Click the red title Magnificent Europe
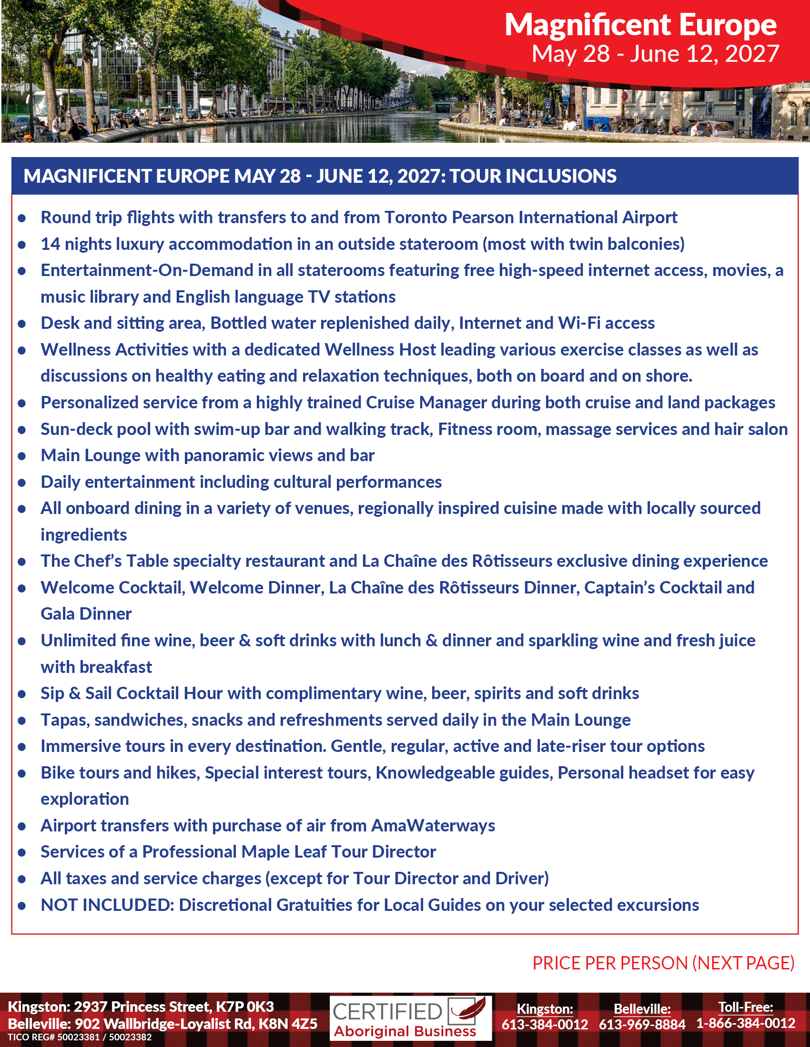[x=640, y=25]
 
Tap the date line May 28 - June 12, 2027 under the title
[x=655, y=54]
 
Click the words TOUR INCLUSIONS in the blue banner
[x=533, y=177]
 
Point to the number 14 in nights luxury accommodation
[x=50, y=244]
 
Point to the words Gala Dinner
[x=86, y=614]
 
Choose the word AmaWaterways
[x=433, y=826]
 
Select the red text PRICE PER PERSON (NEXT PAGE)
[x=663, y=963]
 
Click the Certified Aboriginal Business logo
[x=410, y=1019]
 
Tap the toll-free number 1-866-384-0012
[x=745, y=1024]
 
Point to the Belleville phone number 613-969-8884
[x=642, y=1025]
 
